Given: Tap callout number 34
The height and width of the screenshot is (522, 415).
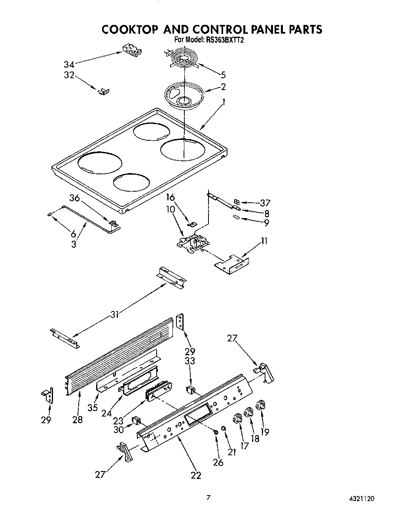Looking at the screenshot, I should pyautogui.click(x=69, y=64).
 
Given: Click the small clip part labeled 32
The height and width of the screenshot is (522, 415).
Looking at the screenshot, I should pyautogui.click(x=104, y=91).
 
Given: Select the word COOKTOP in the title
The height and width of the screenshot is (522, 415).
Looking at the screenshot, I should pyautogui.click(x=130, y=30).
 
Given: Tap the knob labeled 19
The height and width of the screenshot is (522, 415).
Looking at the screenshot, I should pyautogui.click(x=261, y=405).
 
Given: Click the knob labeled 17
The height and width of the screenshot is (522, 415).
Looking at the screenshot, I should pyautogui.click(x=238, y=418).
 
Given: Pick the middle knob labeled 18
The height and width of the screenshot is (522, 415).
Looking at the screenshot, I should pyautogui.click(x=249, y=412).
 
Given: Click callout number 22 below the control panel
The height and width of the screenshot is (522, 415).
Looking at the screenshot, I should pyautogui.click(x=196, y=475).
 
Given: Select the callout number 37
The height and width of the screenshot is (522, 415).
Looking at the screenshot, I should pyautogui.click(x=265, y=203).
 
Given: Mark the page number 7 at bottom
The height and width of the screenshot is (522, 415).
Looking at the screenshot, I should pyautogui.click(x=208, y=497).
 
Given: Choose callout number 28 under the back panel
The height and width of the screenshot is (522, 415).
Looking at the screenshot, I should pyautogui.click(x=78, y=419).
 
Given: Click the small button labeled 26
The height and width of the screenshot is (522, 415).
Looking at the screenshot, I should pyautogui.click(x=216, y=433).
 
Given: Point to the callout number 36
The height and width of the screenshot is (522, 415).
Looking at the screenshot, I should pyautogui.click(x=75, y=198).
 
